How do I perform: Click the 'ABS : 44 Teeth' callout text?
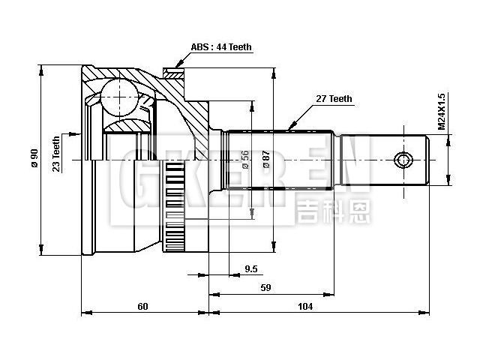pyautogui.click(x=220, y=47)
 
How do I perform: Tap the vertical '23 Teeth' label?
pyautogui.click(x=56, y=154)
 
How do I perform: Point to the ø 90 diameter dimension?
pyautogui.click(x=34, y=158)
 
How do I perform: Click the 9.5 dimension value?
pyautogui.click(x=251, y=268)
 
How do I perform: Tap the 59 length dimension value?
pyautogui.click(x=265, y=287)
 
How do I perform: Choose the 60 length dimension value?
pyautogui.click(x=143, y=306)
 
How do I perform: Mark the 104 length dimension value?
pyautogui.click(x=305, y=306)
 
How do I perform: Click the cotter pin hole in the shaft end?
pyautogui.click(x=403, y=160)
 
